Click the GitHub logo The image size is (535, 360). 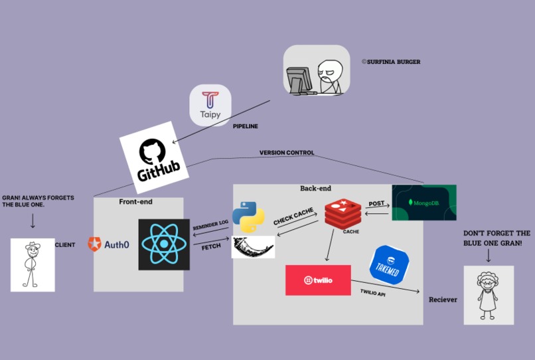pyautogui.click(x=155, y=158)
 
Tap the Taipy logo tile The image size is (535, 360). pyautogui.click(x=210, y=105)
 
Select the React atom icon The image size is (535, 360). pyautogui.click(x=164, y=244)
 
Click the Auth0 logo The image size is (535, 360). pyautogui.click(x=109, y=244)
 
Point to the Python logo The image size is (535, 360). pyautogui.click(x=249, y=217)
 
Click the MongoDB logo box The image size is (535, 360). pyautogui.click(x=424, y=203)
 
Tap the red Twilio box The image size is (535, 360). pyautogui.click(x=318, y=280)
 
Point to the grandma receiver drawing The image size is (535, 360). pyautogui.click(x=489, y=295)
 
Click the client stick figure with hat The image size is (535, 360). pyautogui.click(x=33, y=265)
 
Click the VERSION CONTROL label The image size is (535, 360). pyautogui.click(x=286, y=153)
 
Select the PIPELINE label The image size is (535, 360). pyautogui.click(x=245, y=126)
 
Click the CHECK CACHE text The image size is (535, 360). pyautogui.click(x=293, y=217)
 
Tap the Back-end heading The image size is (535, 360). pyautogui.click(x=316, y=189)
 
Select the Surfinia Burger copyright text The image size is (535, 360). pyautogui.click(x=391, y=62)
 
